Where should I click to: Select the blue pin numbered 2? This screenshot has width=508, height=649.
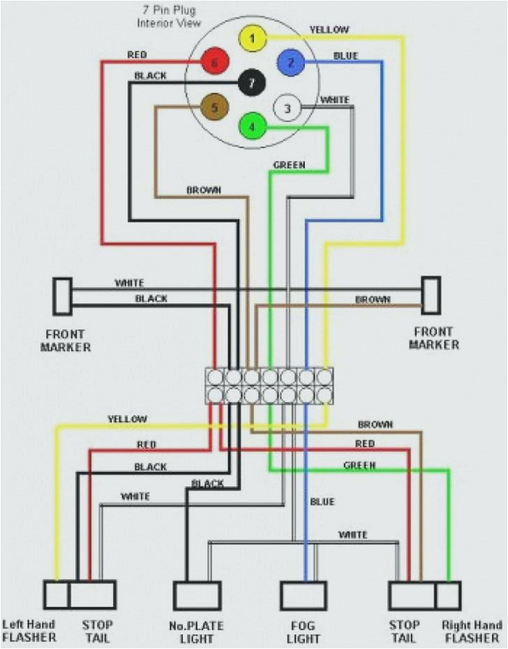click(x=291, y=63)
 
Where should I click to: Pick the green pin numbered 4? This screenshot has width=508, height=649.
click(x=252, y=127)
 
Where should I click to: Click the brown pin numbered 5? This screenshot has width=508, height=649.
click(x=215, y=107)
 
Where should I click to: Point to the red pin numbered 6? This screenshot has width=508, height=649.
click(x=215, y=63)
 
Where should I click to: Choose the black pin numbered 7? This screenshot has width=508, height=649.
click(x=252, y=83)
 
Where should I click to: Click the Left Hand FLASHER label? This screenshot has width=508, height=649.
click(x=29, y=631)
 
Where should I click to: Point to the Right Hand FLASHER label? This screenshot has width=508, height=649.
click(x=467, y=631)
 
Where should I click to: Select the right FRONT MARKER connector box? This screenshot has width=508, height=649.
click(x=431, y=296)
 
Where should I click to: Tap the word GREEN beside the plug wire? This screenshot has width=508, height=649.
click(x=289, y=165)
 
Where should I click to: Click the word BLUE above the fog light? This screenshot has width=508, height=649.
click(x=322, y=502)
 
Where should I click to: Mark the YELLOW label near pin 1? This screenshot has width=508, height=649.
click(x=329, y=30)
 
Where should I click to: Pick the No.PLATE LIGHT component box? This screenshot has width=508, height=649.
click(x=197, y=595)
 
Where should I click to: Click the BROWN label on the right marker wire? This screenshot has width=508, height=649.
click(x=373, y=299)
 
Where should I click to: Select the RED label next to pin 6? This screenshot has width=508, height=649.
click(x=137, y=54)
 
